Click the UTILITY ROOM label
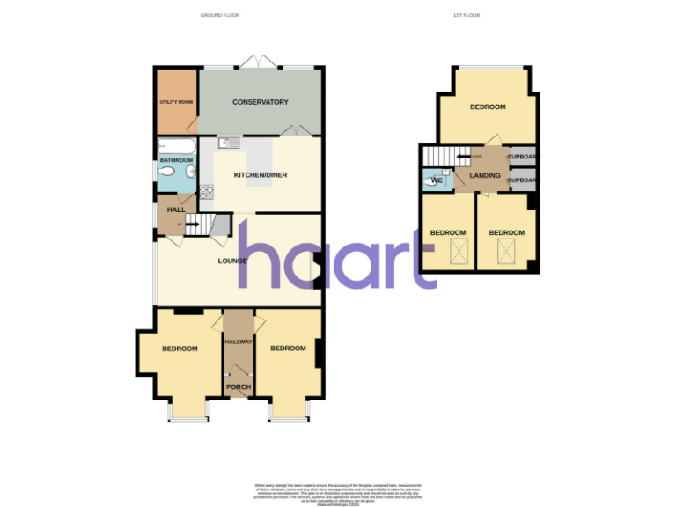(176, 102)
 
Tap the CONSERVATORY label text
(261, 102)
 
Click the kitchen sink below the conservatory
(229, 143)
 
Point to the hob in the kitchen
(209, 192)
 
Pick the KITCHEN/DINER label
(261, 175)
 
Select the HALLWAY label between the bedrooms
(239, 342)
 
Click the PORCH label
(239, 387)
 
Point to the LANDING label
(485, 176)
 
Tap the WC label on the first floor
(437, 181)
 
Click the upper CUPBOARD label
(524, 157)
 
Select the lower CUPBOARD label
(524, 180)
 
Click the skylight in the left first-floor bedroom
(458, 253)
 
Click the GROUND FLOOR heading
(220, 15)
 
